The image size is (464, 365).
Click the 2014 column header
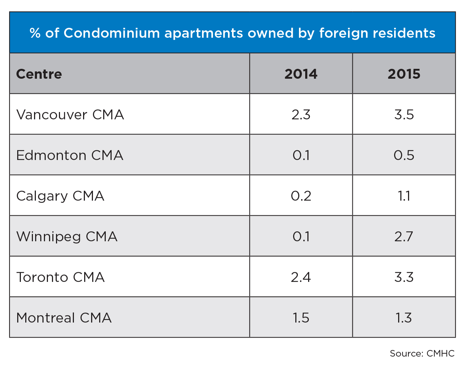coord(301,74)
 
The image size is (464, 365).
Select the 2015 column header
coord(404,74)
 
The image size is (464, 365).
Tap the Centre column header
coord(39,74)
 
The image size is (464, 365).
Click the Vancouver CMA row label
coord(70,115)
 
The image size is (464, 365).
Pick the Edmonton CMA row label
coord(70,155)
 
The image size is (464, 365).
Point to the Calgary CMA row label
coord(60,196)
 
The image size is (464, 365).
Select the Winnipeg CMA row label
coord(67,236)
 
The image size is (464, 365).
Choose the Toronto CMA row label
coord(61,277)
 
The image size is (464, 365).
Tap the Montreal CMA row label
coord(64,318)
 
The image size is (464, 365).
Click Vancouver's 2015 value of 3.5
coord(404,115)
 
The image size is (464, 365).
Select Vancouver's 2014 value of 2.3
coord(301,115)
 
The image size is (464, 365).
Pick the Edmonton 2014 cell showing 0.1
coord(301,155)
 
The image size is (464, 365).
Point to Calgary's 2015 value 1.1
coord(404,196)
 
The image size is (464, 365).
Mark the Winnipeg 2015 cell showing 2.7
coord(404,236)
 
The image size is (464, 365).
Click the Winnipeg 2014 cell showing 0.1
coord(301,236)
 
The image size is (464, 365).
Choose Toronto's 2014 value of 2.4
coord(301,277)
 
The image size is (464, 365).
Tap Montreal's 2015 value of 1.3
coord(404,318)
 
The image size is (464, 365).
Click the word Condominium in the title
coord(112,33)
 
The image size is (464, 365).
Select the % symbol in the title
coord(35,33)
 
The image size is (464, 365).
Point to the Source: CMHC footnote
coord(422,353)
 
